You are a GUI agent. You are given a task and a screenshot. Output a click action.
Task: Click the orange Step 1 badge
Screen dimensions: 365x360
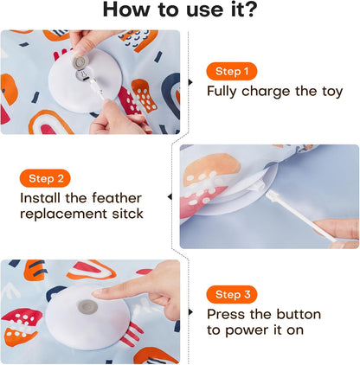point(232,72)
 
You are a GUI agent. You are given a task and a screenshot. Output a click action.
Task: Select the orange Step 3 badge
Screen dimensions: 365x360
point(232,294)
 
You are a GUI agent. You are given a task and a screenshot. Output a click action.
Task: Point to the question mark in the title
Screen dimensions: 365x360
point(251,10)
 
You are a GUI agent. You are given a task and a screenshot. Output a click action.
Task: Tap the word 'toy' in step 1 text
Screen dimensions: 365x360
point(328,92)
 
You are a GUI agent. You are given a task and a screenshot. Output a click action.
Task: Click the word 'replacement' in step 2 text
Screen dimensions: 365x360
point(59,215)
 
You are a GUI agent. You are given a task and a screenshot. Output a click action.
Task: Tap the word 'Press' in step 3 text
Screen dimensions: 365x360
point(227,314)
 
